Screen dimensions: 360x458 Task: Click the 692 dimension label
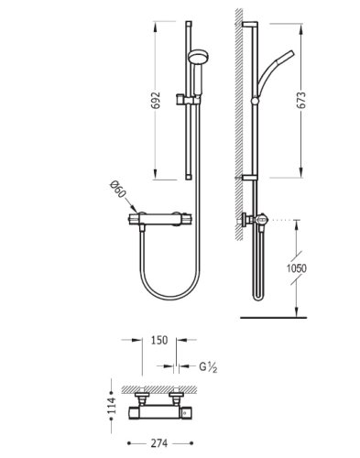pyautogui.click(x=156, y=100)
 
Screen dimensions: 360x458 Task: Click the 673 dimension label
pyautogui.click(x=301, y=100)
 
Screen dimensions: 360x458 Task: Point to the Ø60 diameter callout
pyautogui.click(x=118, y=191)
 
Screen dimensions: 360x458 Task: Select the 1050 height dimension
pyautogui.click(x=297, y=268)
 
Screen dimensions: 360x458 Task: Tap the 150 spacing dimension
pyautogui.click(x=159, y=340)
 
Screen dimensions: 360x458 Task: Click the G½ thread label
pyautogui.click(x=208, y=366)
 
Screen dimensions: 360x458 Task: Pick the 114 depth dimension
pyautogui.click(x=112, y=405)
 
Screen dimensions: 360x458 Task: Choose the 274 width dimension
pyautogui.click(x=159, y=443)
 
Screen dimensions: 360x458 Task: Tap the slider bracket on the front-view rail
pyautogui.click(x=187, y=100)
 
